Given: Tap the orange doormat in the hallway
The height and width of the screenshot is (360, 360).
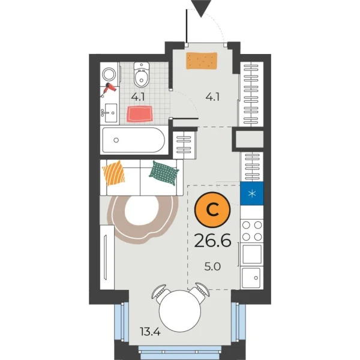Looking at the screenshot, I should (201, 61).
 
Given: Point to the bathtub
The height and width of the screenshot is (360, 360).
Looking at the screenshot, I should (133, 142).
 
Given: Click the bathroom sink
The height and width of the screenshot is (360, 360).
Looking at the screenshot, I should (110, 111).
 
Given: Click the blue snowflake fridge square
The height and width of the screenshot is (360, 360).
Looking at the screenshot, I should (252, 193).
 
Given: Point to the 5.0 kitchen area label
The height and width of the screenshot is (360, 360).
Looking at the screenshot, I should (212, 265).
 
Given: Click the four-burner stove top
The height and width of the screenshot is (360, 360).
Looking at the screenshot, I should (252, 230).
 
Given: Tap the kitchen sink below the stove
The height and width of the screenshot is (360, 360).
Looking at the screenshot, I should (251, 277).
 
